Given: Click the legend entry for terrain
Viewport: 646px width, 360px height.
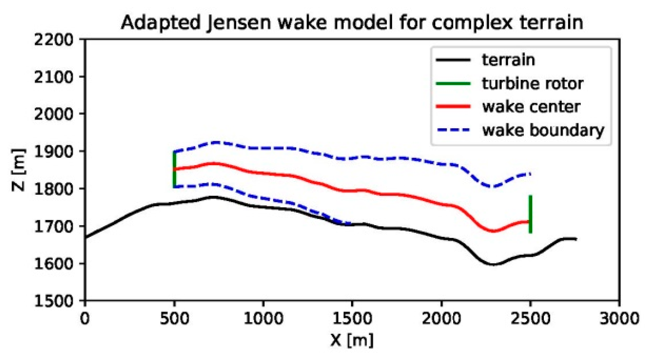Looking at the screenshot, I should tap(508, 60).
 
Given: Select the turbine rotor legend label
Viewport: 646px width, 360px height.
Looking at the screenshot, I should tap(532, 83).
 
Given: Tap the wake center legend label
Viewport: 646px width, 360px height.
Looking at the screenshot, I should tap(531, 107).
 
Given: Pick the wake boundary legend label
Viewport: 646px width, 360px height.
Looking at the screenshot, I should tap(543, 130).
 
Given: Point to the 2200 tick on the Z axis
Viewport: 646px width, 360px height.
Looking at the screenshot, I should tap(53, 40).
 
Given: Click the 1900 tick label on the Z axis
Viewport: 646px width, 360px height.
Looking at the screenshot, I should tap(53, 152).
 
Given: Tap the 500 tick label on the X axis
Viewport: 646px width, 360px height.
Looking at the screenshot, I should tap(174, 318).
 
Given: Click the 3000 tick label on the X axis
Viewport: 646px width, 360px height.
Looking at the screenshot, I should tap(619, 318).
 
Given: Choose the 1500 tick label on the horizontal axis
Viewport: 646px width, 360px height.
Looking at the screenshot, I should tap(352, 318).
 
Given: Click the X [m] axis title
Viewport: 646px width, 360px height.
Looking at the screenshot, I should tap(352, 340).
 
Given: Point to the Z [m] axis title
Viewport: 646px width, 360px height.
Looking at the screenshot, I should tap(18, 170).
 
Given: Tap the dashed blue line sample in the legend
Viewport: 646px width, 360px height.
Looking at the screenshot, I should tap(453, 130).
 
